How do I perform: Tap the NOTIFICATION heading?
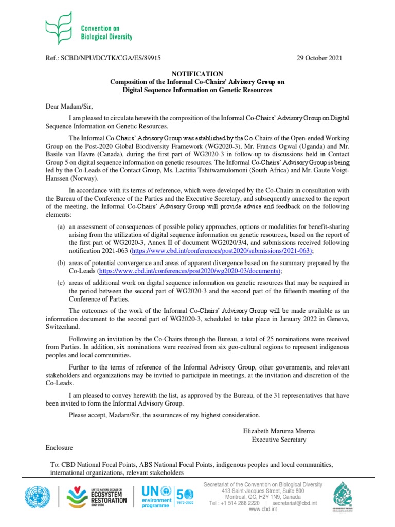(x=197, y=74)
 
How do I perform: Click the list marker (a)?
(x=61, y=226)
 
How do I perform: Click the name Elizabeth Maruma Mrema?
(x=278, y=430)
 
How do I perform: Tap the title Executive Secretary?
(x=278, y=440)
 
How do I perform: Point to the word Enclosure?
(x=59, y=447)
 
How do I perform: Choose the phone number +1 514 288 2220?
(x=241, y=503)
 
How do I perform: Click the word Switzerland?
(x=62, y=327)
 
